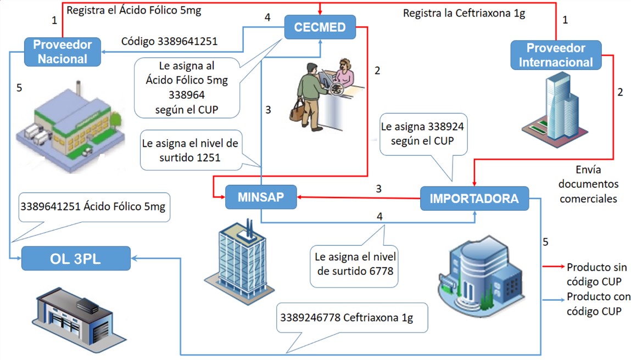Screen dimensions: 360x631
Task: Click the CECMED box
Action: pyautogui.click(x=320, y=26)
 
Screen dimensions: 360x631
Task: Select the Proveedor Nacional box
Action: pyautogui.click(x=63, y=52)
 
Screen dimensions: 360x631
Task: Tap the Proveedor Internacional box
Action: pyautogui.click(x=556, y=55)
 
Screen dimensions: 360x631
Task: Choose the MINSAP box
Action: pyautogui.click(x=261, y=197)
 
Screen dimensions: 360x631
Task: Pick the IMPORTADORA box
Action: pyautogui.click(x=474, y=199)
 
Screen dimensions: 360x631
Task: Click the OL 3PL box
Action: pyautogui.click(x=76, y=258)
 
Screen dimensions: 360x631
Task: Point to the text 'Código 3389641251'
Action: pyautogui.click(x=169, y=41)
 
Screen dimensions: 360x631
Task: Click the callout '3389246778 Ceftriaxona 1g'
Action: pyautogui.click(x=351, y=317)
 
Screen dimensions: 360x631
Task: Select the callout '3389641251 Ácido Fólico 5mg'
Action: pyautogui.click(x=93, y=207)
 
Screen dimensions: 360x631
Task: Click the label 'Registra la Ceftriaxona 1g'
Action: pyautogui.click(x=464, y=13)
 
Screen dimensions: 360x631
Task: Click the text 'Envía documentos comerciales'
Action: pyautogui.click(x=588, y=184)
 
